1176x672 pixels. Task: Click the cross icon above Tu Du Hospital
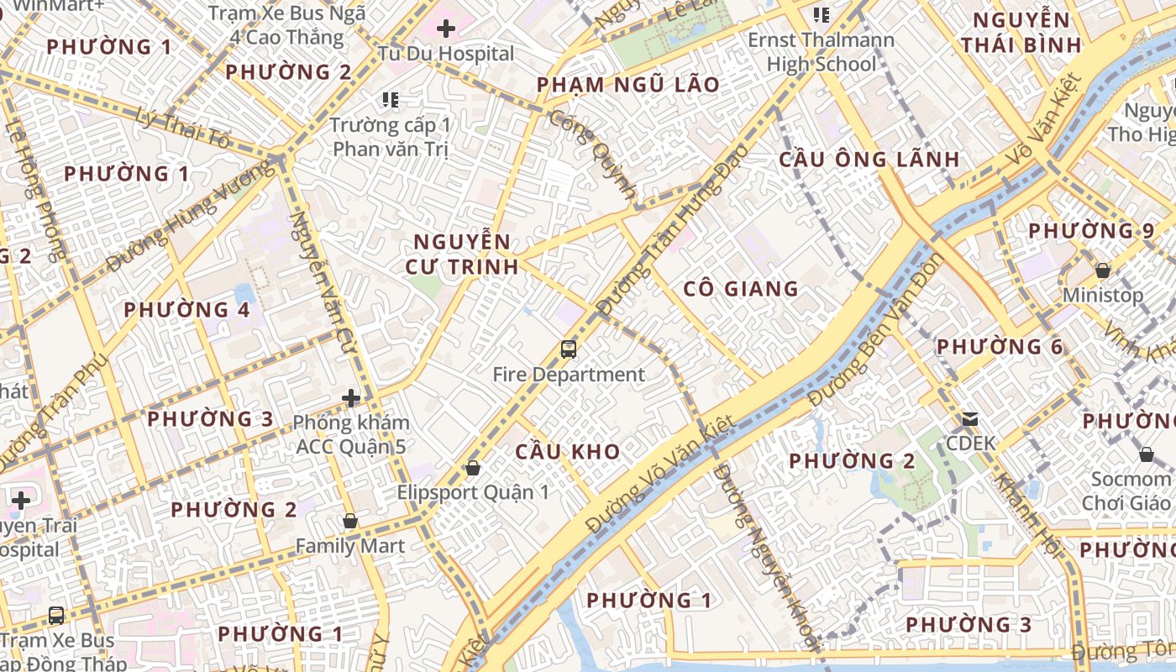coord(446,29)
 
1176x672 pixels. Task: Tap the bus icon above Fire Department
coord(569,349)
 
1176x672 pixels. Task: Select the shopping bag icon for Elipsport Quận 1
coord(473,468)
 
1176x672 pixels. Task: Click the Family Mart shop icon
coord(350,522)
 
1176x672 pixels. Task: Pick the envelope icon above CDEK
coord(970,419)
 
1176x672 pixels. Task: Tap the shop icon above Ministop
coord(1103,270)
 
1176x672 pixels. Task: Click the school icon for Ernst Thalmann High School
coord(822,14)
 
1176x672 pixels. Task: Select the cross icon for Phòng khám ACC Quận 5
coord(351,398)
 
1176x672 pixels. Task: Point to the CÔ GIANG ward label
coord(740,289)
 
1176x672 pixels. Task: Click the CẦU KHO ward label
coord(568,452)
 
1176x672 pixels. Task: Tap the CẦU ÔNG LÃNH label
coord(869,160)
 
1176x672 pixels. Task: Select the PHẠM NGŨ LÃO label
coord(627,85)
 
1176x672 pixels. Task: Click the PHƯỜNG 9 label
coord(1091,230)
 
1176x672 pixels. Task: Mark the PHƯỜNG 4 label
coord(186,310)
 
